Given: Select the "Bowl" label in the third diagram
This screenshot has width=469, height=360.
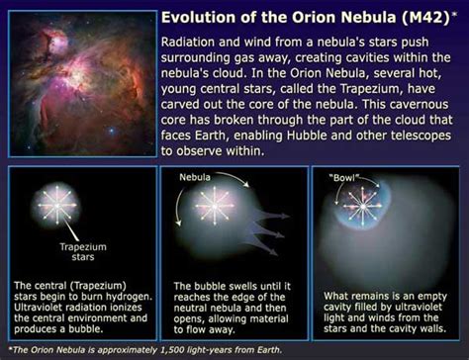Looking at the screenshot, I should (x=343, y=179).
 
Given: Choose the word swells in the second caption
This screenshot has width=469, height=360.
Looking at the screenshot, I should (x=227, y=286).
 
